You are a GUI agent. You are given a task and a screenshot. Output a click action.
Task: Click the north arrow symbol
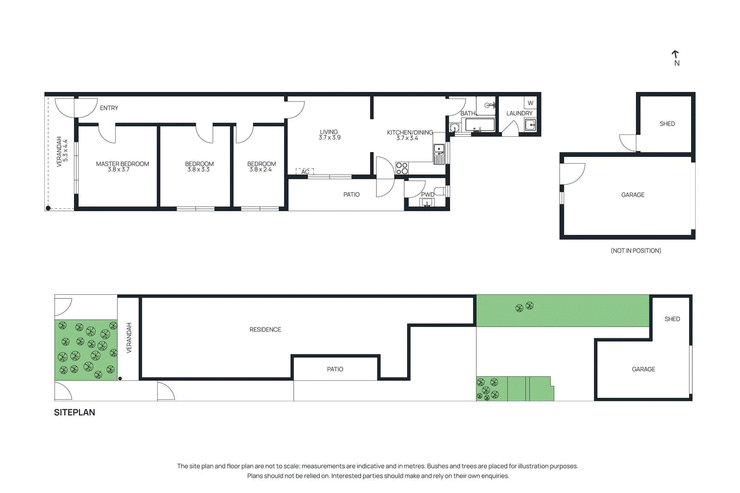pyautogui.click(x=676, y=55)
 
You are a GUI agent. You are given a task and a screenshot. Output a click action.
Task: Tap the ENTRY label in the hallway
pyautogui.click(x=109, y=108)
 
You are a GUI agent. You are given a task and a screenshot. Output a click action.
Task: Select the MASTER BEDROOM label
pyautogui.click(x=122, y=164)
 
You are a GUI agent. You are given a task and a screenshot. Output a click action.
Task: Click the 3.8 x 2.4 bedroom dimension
pyautogui.click(x=261, y=170)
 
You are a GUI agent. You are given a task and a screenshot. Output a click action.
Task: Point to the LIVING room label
pyautogui.click(x=329, y=132)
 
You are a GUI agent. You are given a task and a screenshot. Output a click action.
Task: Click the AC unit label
pyautogui.click(x=305, y=172)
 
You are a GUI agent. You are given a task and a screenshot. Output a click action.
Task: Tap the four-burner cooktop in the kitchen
pyautogui.click(x=402, y=168)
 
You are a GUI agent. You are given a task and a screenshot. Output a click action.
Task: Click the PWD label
pyautogui.click(x=427, y=195)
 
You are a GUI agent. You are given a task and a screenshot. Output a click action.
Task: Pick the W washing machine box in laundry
pyautogui.click(x=530, y=103)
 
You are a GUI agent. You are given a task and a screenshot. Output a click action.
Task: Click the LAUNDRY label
pyautogui.click(x=519, y=113)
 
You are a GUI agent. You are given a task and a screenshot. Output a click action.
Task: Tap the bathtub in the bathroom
pyautogui.click(x=480, y=125)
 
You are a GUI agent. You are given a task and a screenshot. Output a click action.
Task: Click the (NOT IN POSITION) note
pyautogui.click(x=635, y=250)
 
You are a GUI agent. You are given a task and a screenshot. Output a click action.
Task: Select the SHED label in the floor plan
pyautogui.click(x=667, y=124)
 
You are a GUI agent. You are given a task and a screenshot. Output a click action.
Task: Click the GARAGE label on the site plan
pyautogui.click(x=643, y=369)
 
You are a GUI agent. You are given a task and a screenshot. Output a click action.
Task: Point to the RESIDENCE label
pyautogui.click(x=265, y=329)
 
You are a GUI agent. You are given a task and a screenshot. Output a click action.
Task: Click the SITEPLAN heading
pyautogui.click(x=74, y=413)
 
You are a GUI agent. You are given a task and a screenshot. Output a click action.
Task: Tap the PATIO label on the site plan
pyautogui.click(x=335, y=369)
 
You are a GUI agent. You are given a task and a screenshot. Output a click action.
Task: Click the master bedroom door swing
pyautogui.click(x=107, y=134)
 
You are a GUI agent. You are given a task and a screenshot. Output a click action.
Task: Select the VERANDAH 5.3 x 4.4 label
pyautogui.click(x=62, y=151)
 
